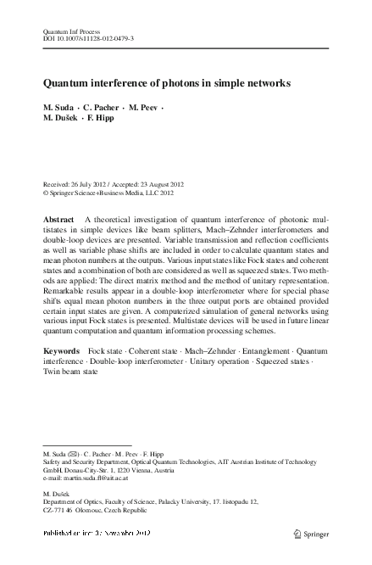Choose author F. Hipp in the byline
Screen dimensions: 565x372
tap(108, 121)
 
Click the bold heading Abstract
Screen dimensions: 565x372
tap(59, 220)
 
